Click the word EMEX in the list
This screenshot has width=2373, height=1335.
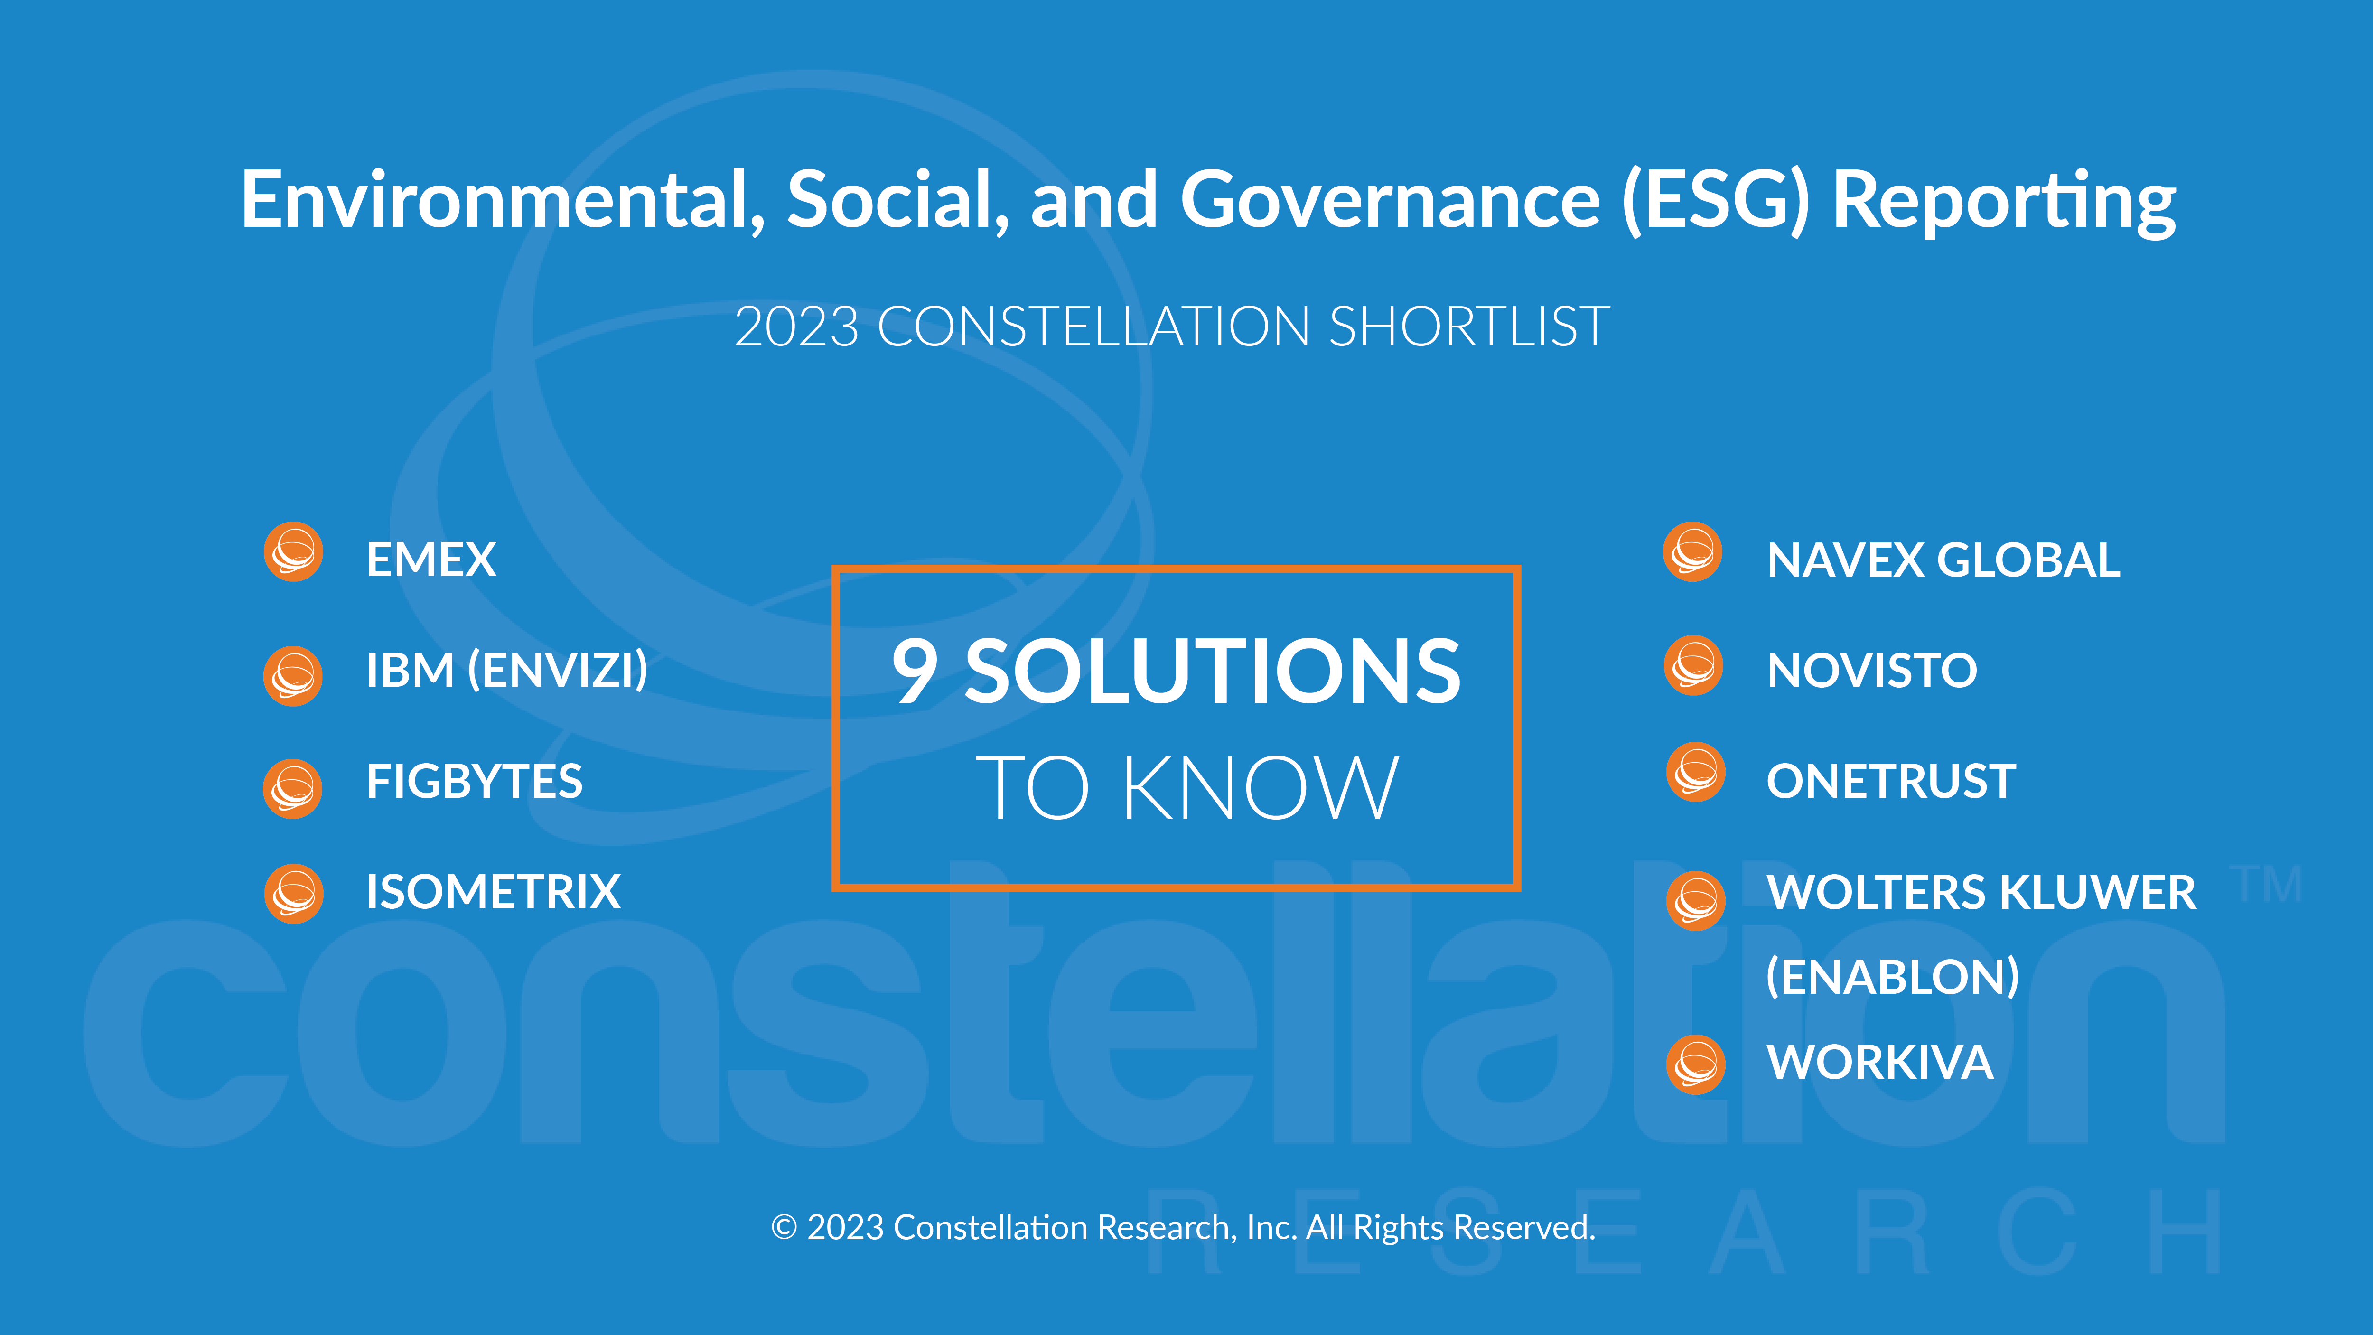431,559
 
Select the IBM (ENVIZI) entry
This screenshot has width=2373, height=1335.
507,670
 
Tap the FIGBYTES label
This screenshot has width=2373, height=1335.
475,781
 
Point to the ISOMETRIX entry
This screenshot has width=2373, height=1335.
493,892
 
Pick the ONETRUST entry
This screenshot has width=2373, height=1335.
1891,781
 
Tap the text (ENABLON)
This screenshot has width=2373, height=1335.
1892,977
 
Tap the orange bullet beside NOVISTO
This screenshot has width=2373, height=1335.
1693,665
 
